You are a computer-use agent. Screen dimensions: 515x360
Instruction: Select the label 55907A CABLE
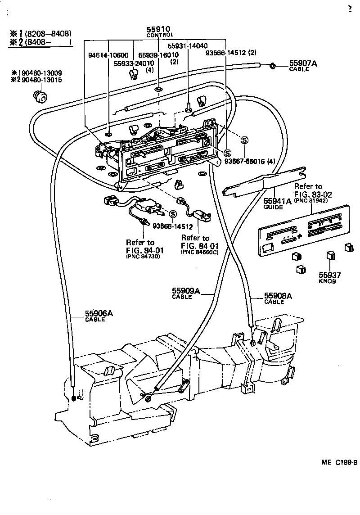coord(302,66)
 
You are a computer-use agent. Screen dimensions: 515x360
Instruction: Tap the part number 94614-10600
coord(108,55)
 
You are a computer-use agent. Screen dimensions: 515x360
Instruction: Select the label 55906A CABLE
coord(99,316)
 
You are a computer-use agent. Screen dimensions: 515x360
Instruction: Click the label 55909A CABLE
coord(185,293)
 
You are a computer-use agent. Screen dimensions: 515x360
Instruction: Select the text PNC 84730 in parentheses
coord(143,256)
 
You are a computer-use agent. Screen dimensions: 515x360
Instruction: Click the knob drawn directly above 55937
coord(330,256)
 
